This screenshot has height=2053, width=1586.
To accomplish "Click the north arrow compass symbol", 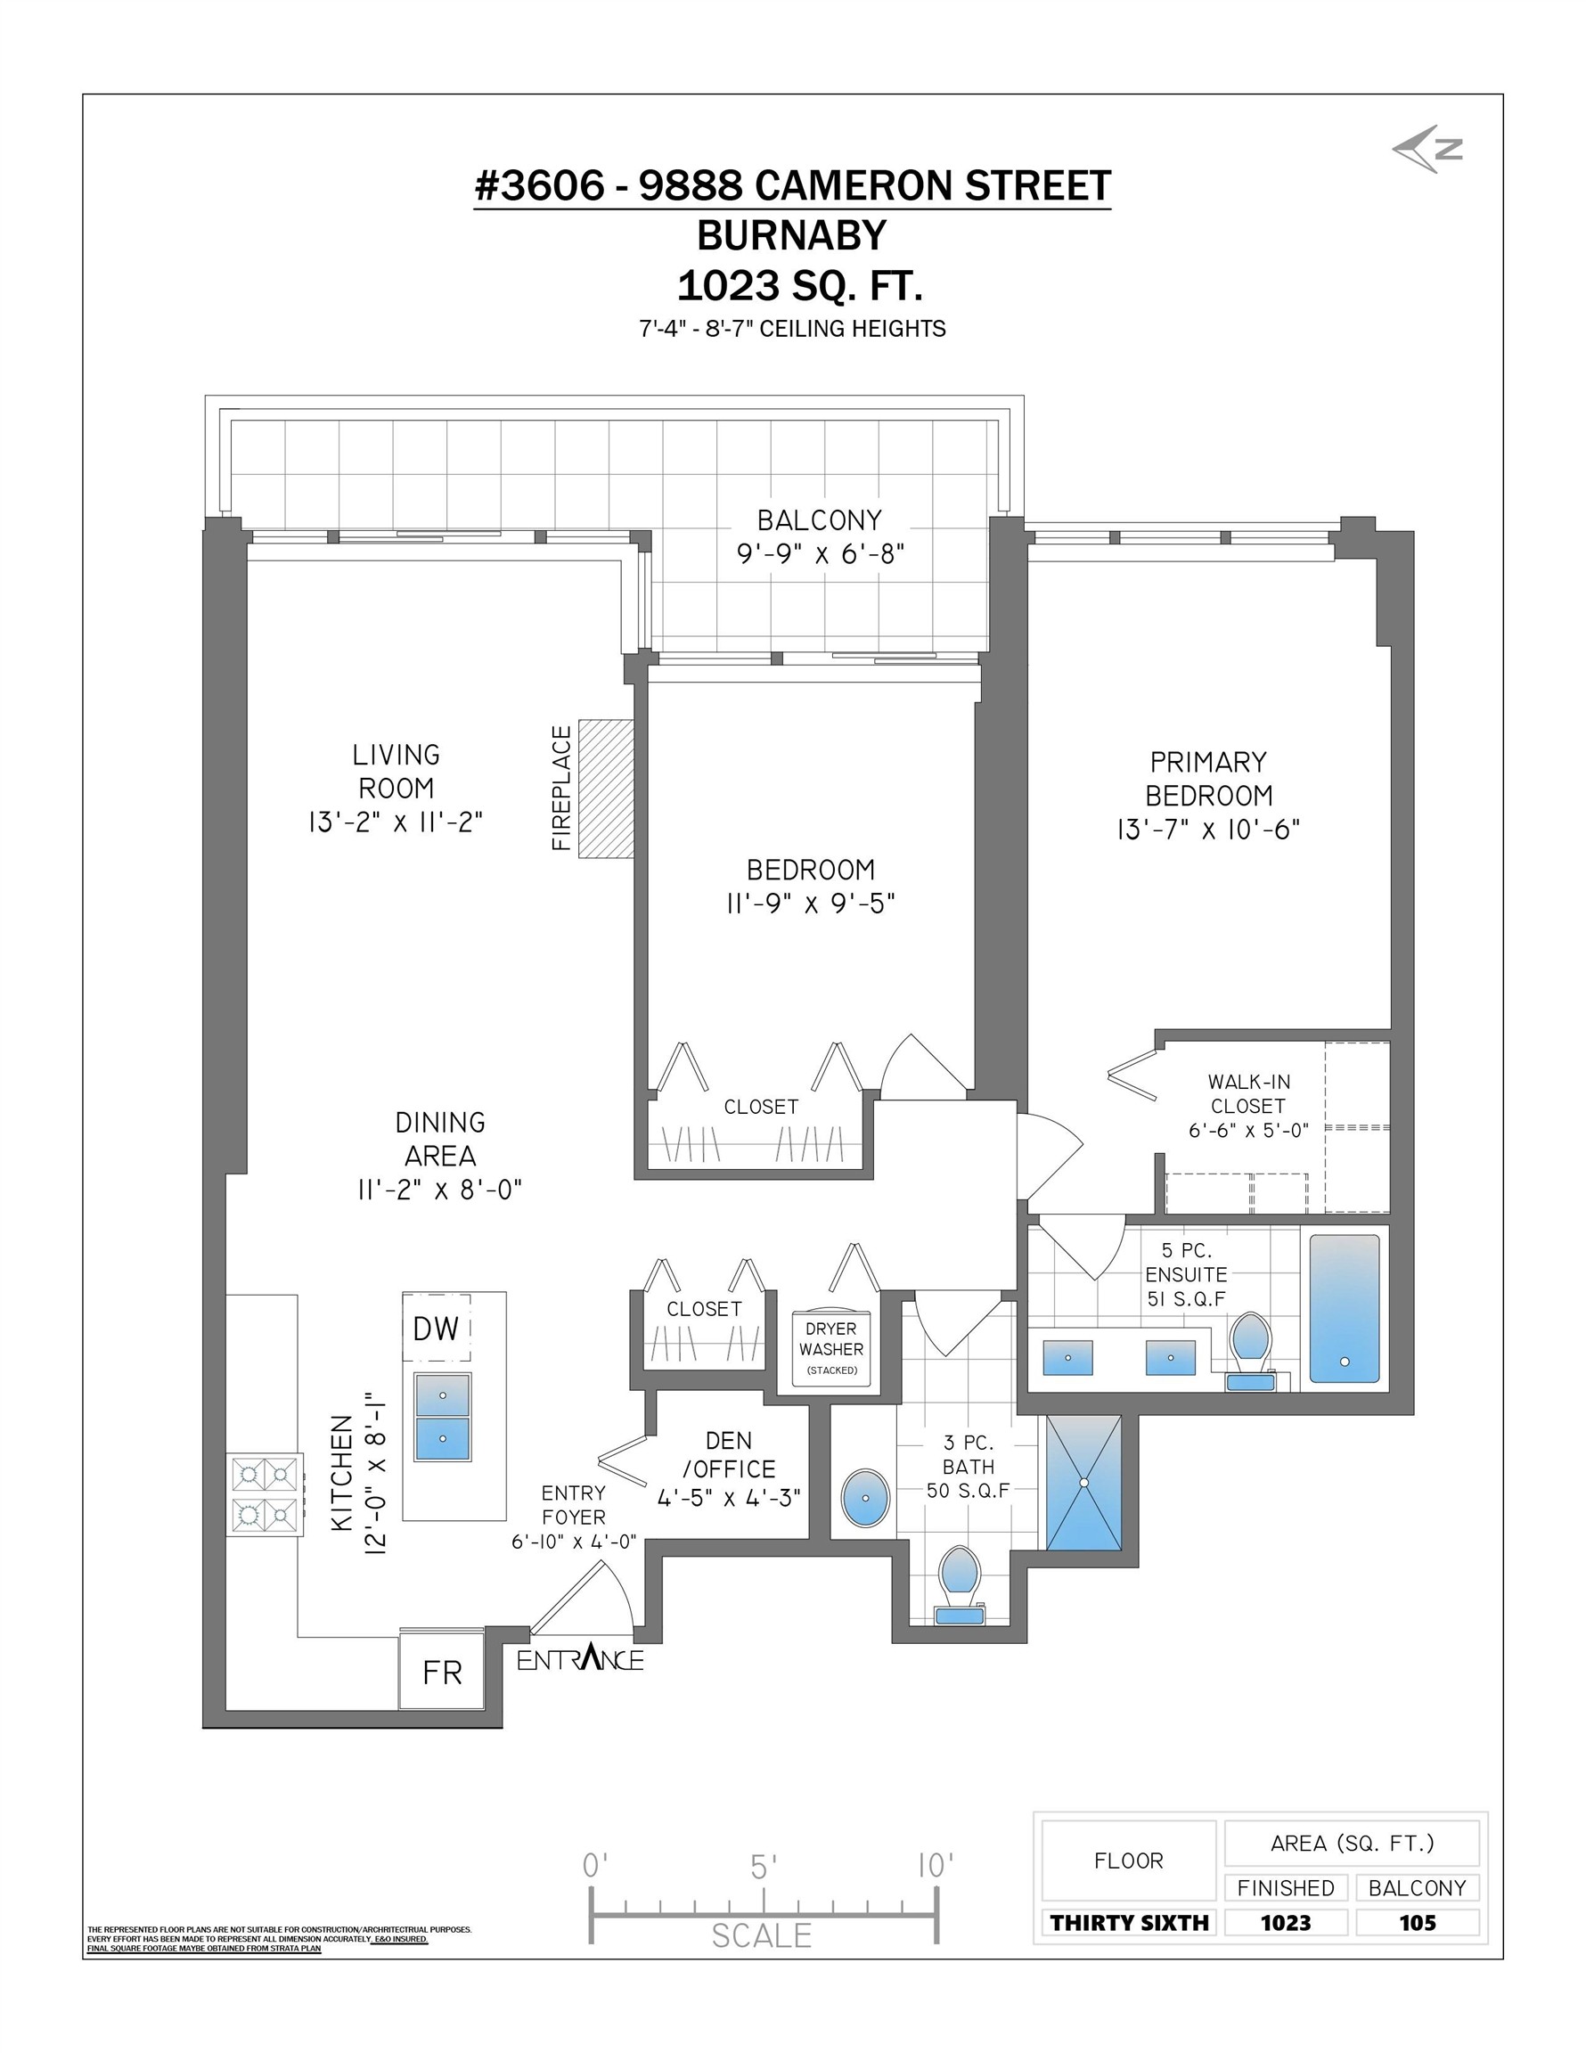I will point(1427,150).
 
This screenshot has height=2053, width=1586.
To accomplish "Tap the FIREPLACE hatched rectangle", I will point(606,789).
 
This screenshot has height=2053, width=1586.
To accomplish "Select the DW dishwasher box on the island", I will point(437,1329).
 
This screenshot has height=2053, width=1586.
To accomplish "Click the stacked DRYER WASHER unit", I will point(831,1348).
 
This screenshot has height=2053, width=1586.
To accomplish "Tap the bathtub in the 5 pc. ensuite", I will point(1344,1308).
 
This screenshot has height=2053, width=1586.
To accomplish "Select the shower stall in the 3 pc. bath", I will point(1083,1483).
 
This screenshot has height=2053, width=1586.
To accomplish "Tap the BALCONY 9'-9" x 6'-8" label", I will point(820,536).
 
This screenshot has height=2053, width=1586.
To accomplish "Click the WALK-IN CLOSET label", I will point(1248,1094).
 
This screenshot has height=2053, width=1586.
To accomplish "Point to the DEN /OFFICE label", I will point(729,1455).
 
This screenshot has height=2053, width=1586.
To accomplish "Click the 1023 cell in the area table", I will point(1285,1922).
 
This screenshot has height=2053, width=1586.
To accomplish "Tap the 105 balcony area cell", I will point(1417,1922).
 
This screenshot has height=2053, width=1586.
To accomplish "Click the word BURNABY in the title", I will point(791,235).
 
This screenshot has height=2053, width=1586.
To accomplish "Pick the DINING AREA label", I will point(440,1139).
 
